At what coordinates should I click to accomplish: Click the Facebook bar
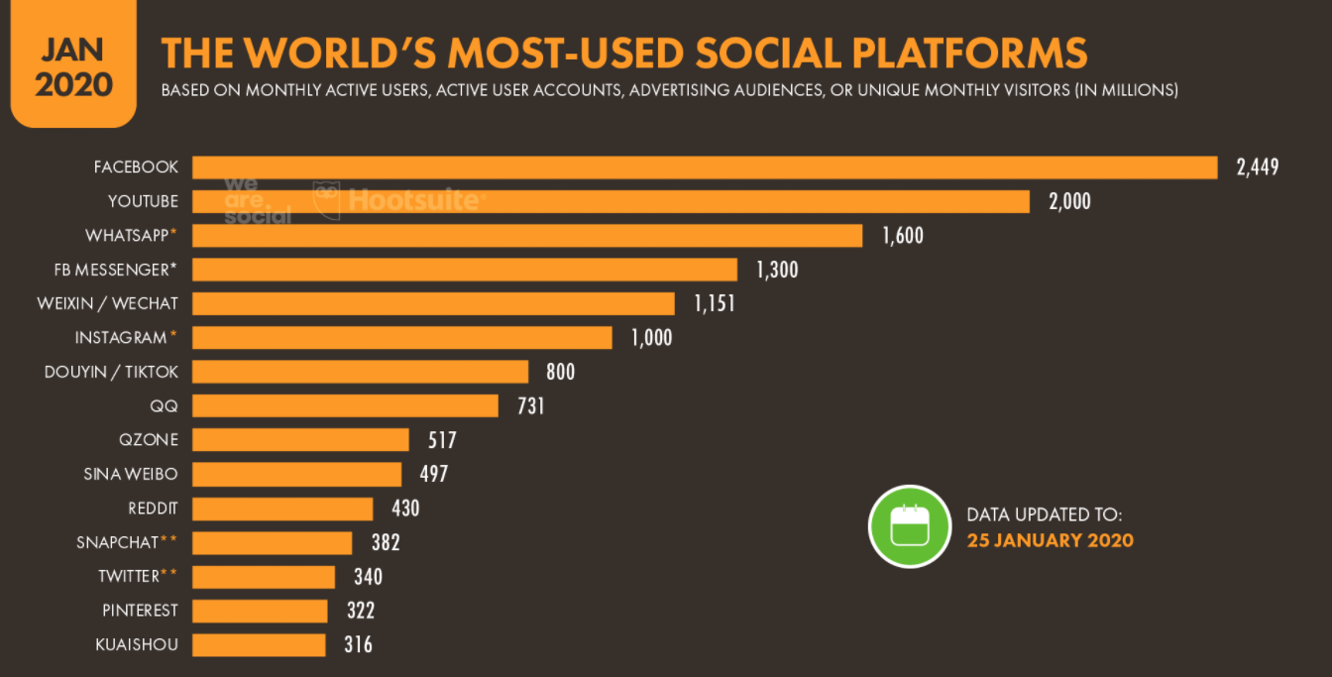(x=704, y=168)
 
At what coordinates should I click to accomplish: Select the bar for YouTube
(x=610, y=201)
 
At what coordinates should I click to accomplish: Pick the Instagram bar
(x=401, y=337)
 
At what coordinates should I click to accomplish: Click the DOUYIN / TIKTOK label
(x=111, y=372)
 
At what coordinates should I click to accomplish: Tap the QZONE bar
(x=300, y=439)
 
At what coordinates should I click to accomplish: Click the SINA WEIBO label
(x=131, y=474)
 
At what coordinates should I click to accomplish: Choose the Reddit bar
(x=282, y=508)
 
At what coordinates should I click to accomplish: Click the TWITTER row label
(x=129, y=576)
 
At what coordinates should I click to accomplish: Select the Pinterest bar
(x=260, y=611)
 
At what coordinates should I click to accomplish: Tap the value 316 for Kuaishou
(x=357, y=644)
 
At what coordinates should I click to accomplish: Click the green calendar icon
(x=910, y=526)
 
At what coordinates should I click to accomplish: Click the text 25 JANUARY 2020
(x=1050, y=540)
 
